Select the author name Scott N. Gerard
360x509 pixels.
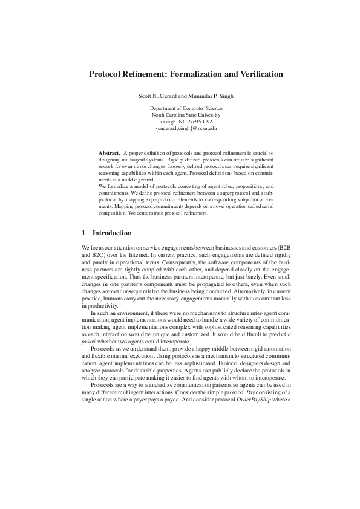point(159,96)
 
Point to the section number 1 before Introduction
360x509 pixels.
point(83,232)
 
